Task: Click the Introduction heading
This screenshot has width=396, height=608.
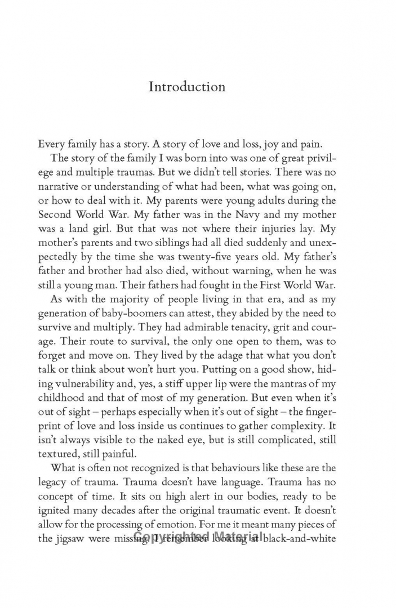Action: [x=187, y=87]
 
